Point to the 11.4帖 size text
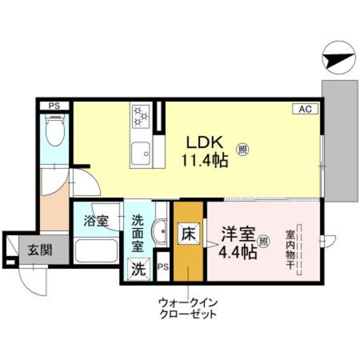[x=204, y=161]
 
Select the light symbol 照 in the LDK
[x=243, y=150]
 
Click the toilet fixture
[x=55, y=127]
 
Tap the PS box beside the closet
[x=164, y=267]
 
